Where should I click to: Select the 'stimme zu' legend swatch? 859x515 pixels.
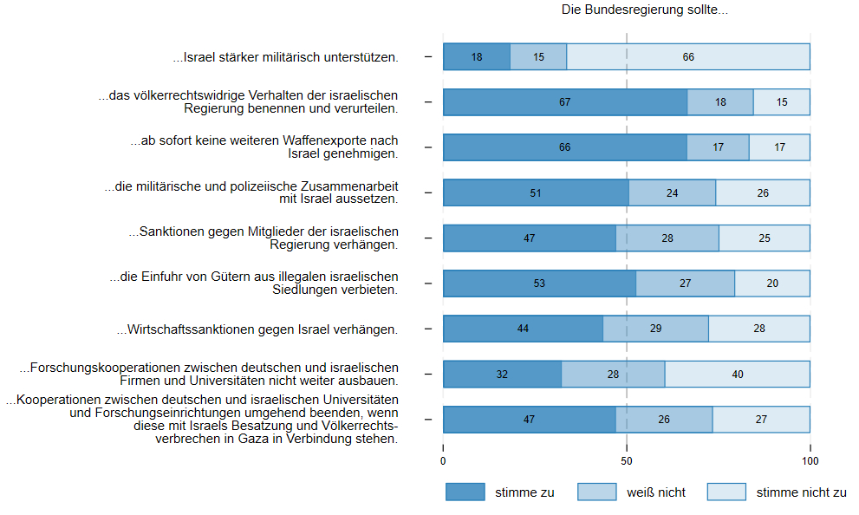click(465, 492)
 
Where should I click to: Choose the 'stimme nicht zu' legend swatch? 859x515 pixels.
click(726, 492)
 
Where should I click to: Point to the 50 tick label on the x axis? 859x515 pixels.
click(627, 461)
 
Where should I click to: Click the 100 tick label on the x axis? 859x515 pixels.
click(810, 461)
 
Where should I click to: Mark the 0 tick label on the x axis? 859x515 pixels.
click(444, 461)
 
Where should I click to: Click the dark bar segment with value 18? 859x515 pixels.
click(477, 57)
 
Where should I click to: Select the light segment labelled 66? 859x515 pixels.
click(688, 57)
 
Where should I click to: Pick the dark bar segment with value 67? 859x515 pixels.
click(565, 102)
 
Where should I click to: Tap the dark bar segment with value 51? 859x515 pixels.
click(536, 192)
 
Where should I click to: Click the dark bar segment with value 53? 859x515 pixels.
click(540, 284)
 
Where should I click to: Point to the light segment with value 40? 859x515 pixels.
click(737, 374)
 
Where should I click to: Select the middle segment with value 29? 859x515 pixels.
click(655, 329)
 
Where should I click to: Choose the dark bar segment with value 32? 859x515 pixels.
click(502, 374)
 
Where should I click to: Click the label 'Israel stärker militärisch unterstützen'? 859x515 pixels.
click(286, 58)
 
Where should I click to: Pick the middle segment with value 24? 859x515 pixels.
click(672, 192)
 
